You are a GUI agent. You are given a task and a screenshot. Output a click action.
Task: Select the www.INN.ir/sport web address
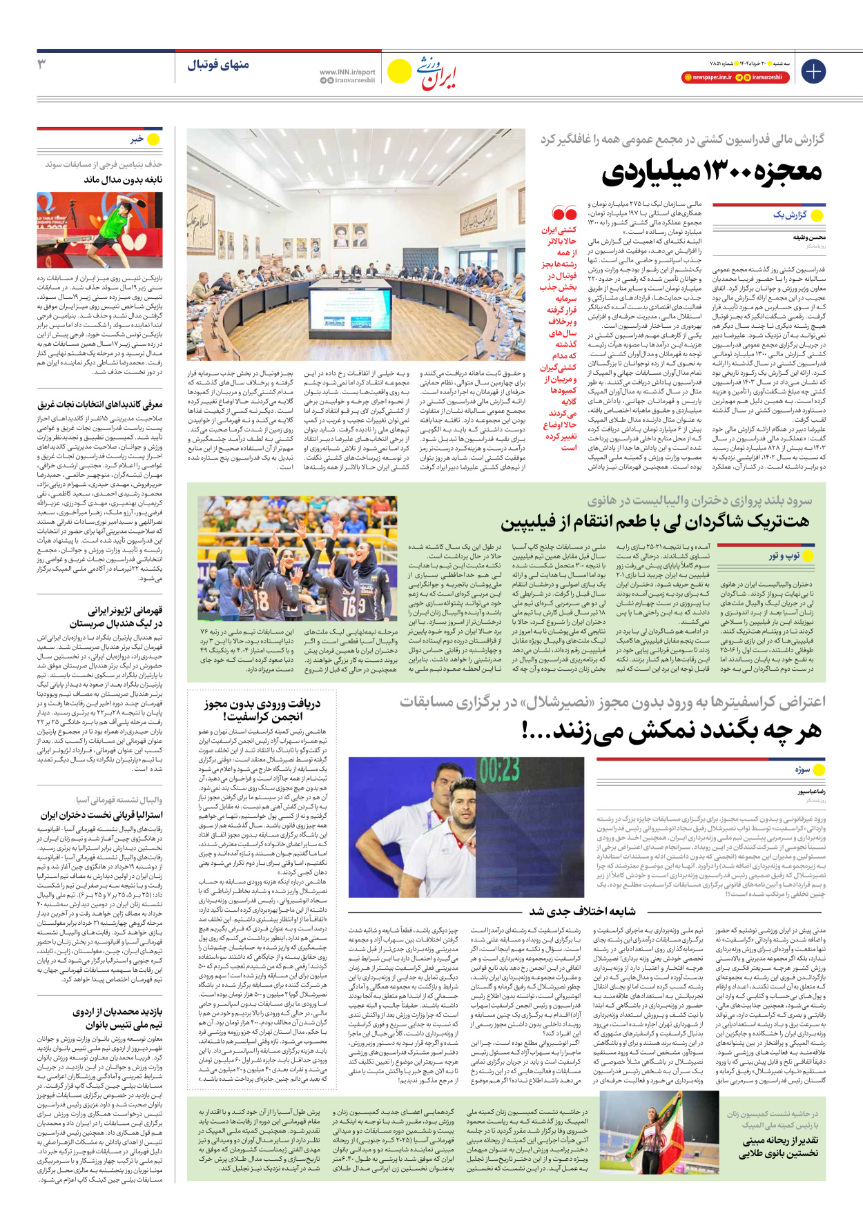tap(347, 72)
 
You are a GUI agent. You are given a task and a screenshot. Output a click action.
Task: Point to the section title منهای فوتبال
tap(218, 65)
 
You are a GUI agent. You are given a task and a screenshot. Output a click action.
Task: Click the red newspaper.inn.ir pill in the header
tap(708, 77)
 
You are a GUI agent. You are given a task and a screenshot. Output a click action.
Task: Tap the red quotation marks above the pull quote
tap(564, 214)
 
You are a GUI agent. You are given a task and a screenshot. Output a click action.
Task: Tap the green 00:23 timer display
tap(499, 770)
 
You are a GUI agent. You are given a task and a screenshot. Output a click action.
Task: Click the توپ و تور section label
tap(784, 556)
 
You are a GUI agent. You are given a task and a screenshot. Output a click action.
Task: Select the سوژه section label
tap(802, 769)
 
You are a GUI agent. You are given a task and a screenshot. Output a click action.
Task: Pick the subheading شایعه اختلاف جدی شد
tap(583, 911)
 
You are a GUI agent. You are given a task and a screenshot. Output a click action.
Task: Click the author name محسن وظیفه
tap(809, 237)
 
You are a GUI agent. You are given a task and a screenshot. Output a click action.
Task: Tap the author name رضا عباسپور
tap(811, 792)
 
